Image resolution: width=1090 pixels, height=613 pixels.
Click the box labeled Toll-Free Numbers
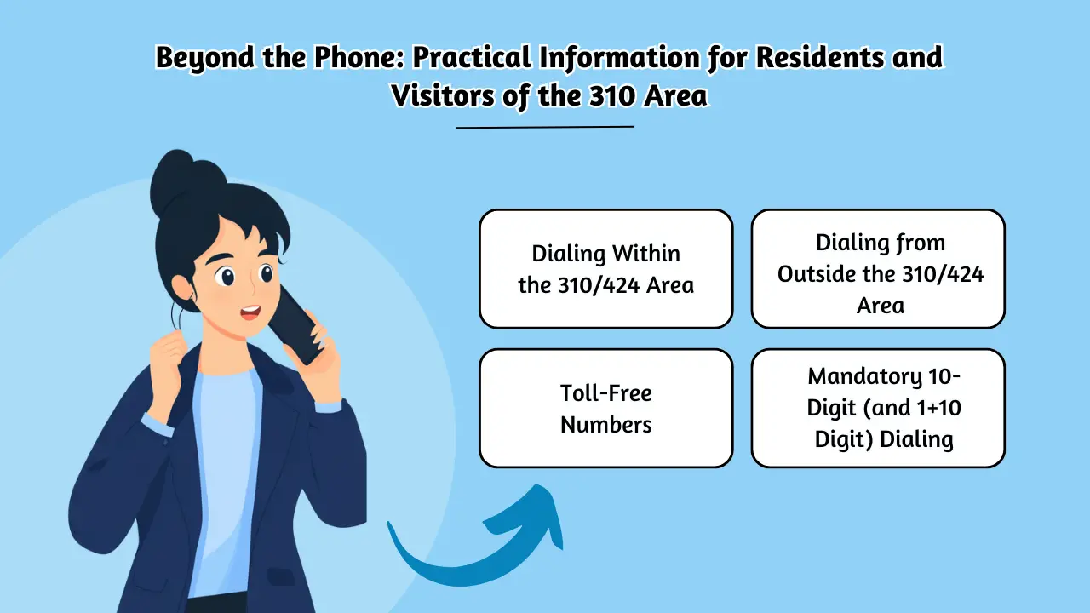coord(605,408)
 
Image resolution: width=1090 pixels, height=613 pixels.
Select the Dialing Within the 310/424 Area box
coord(605,269)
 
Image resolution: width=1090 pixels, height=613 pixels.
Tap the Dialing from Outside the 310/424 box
coord(878,269)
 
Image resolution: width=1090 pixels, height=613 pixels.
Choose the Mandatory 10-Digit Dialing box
coord(878,408)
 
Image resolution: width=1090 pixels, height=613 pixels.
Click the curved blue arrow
coord(477,545)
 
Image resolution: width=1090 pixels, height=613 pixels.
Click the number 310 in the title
coord(610,95)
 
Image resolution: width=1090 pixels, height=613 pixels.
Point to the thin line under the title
coord(545,127)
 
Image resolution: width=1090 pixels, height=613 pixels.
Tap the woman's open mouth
coord(249,312)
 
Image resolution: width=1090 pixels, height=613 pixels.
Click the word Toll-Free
coord(605,393)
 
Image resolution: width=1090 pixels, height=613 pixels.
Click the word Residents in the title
coord(806,58)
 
